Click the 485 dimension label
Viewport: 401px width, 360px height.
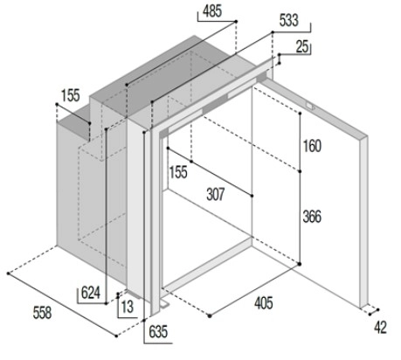(x=212, y=11)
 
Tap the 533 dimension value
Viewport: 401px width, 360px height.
(x=289, y=20)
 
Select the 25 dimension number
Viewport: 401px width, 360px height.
(x=302, y=46)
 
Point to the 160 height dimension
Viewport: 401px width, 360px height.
(x=312, y=146)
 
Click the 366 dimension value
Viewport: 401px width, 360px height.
(x=312, y=217)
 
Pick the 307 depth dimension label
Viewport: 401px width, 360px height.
(x=216, y=194)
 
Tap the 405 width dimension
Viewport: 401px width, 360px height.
(x=264, y=303)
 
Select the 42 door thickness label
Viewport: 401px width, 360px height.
(x=380, y=328)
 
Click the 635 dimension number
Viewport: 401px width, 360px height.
(x=158, y=331)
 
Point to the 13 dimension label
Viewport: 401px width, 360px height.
(x=128, y=307)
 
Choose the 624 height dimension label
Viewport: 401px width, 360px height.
(x=91, y=293)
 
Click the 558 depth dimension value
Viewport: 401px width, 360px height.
(x=42, y=313)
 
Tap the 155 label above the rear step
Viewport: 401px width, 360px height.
(x=70, y=95)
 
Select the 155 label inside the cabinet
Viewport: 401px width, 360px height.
(x=178, y=172)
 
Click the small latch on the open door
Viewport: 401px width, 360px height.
(x=310, y=106)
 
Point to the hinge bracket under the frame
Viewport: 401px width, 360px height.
(x=164, y=304)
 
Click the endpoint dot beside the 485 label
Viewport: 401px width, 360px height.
(x=236, y=22)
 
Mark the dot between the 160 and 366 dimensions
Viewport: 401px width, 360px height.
(x=300, y=171)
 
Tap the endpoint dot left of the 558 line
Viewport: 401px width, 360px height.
(x=9, y=273)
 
